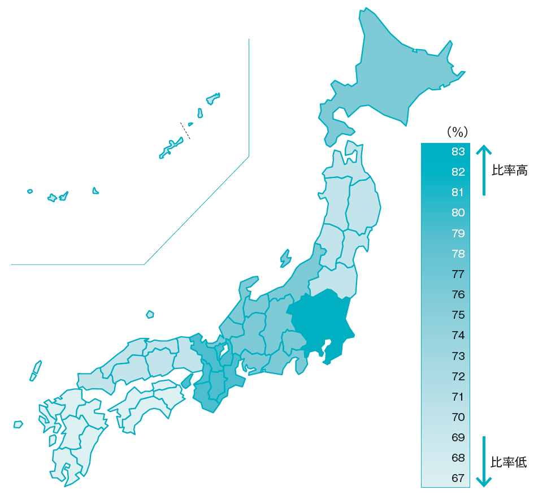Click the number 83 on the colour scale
pyautogui.click(x=458, y=151)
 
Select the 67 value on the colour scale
pyautogui.click(x=458, y=478)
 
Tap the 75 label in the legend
pyautogui.click(x=458, y=315)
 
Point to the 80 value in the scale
pyautogui.click(x=458, y=212)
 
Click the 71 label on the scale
pyautogui.click(x=458, y=397)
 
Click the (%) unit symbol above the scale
pyautogui.click(x=458, y=133)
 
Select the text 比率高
pyautogui.click(x=509, y=171)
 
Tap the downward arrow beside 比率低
pyautogui.click(x=484, y=461)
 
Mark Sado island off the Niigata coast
pyautogui.click(x=286, y=259)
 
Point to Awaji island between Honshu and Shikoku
pyautogui.click(x=187, y=380)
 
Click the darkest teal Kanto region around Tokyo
pyautogui.click(x=322, y=322)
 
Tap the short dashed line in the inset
pyautogui.click(x=185, y=131)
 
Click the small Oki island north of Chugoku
pyautogui.click(x=150, y=314)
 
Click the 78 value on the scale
pyautogui.click(x=458, y=254)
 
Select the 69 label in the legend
pyautogui.click(x=458, y=437)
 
